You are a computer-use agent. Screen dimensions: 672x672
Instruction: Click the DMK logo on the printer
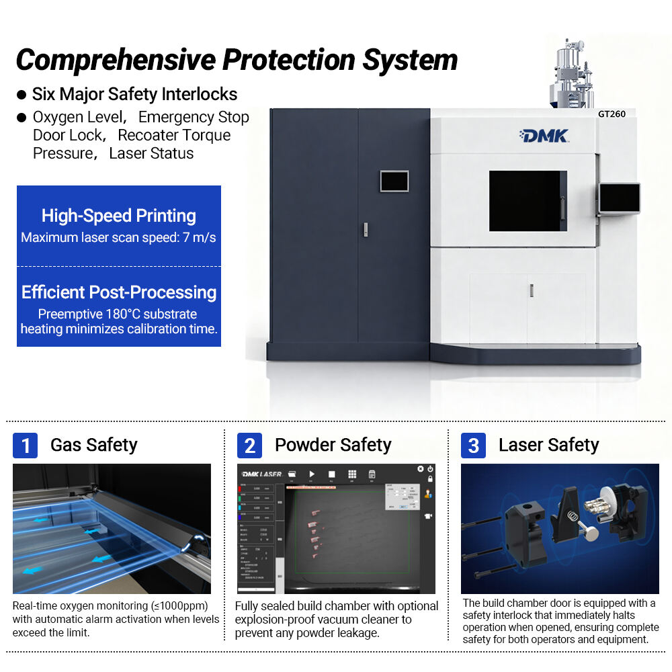(x=544, y=136)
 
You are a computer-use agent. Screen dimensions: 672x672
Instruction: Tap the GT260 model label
(x=612, y=114)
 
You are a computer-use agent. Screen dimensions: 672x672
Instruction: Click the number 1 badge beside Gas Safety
(x=25, y=446)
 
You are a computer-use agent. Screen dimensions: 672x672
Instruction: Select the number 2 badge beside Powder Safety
(x=249, y=446)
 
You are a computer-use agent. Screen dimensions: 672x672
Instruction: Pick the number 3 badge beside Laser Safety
(x=473, y=446)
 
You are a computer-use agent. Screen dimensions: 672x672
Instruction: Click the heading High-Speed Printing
(x=119, y=216)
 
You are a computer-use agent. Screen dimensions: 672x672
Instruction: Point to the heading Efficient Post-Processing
(x=119, y=292)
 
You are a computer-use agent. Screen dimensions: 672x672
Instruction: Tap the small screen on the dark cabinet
(x=394, y=181)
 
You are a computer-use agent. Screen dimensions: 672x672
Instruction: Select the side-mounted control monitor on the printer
(x=619, y=198)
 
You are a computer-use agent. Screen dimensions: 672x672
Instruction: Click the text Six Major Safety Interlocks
(x=134, y=94)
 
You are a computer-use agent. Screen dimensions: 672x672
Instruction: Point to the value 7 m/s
(x=199, y=237)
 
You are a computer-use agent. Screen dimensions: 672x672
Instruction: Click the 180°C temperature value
(x=122, y=314)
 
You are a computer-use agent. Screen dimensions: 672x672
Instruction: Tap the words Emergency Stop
(x=194, y=118)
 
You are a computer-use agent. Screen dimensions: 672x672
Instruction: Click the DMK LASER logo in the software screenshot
(x=261, y=474)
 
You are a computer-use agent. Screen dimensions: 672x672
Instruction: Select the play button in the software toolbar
(x=312, y=474)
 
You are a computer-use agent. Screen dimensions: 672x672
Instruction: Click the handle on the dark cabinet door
(x=364, y=228)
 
